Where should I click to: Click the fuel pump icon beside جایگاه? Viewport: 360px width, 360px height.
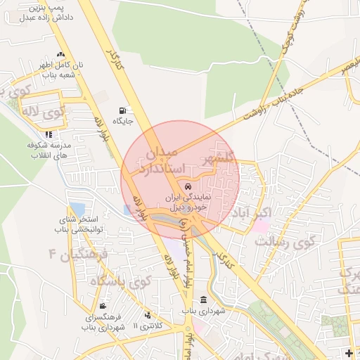[x=124, y=110]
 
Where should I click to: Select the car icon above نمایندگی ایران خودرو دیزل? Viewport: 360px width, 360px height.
[x=187, y=186]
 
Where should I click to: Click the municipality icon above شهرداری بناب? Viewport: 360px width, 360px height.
[x=202, y=300]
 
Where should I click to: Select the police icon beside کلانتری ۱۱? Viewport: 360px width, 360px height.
[x=147, y=315]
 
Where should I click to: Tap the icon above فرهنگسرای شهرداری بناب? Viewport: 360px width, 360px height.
[x=103, y=306]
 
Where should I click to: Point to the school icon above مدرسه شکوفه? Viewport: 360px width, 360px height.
[x=48, y=134]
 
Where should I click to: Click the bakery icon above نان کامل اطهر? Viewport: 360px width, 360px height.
[x=60, y=54]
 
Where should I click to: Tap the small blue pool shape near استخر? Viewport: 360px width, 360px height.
[x=77, y=209]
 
